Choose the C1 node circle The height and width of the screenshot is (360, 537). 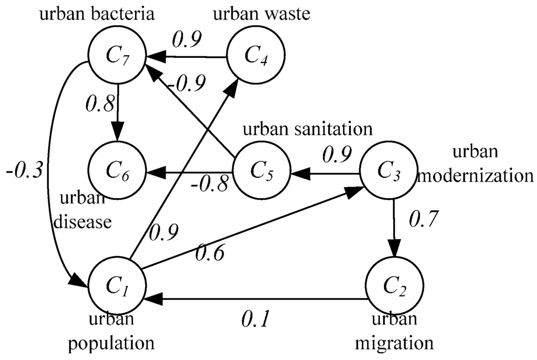point(116,286)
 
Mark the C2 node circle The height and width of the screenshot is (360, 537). point(394,286)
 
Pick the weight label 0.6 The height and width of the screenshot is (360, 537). point(210,253)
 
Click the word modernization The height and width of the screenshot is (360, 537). point(476,175)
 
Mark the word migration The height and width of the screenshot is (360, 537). point(394,343)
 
